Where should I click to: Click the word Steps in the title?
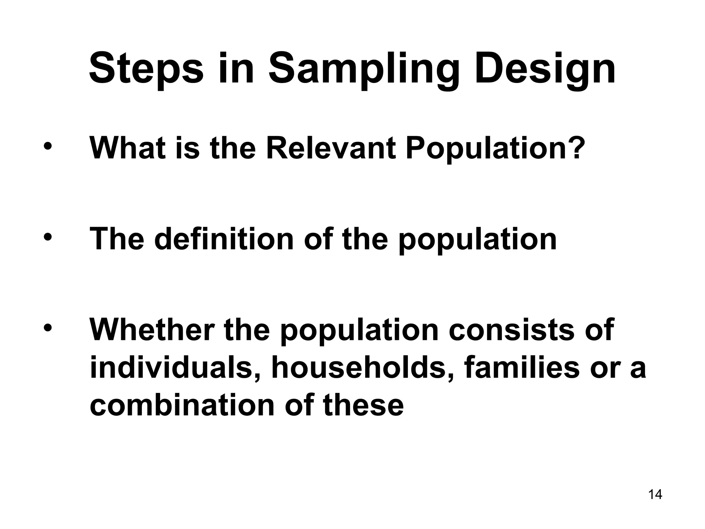coord(146,69)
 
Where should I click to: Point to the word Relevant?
coord(331,148)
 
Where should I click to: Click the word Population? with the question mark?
coord(495,148)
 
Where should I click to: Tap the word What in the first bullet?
coord(129,148)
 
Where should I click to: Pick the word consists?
coord(512,330)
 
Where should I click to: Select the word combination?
coord(181,405)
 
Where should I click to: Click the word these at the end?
coord(363,405)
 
